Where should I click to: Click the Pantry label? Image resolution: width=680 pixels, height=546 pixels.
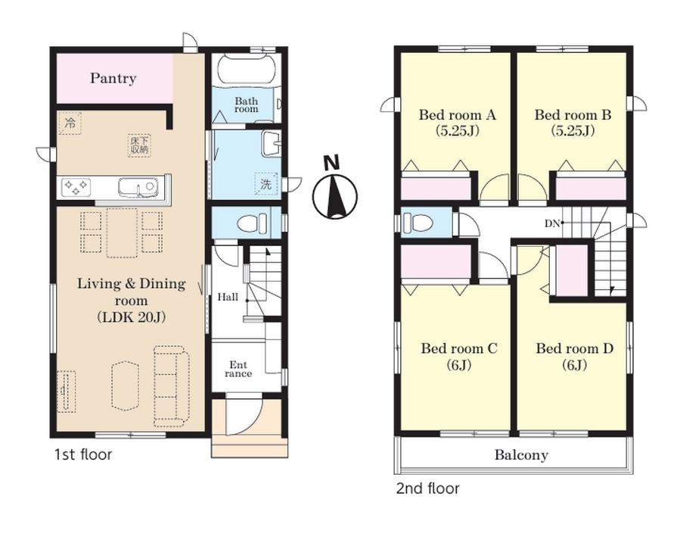[113, 78]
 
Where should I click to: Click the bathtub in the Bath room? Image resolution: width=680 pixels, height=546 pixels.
[247, 70]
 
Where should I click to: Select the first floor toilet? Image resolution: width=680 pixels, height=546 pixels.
[253, 223]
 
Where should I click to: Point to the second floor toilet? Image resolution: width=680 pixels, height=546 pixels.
[418, 223]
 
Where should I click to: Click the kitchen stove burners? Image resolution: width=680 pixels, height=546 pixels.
[76, 187]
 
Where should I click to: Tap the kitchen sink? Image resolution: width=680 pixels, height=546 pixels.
[138, 188]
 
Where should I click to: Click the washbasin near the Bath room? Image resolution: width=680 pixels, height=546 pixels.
[271, 143]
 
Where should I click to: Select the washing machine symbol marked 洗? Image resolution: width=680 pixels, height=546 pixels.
[265, 184]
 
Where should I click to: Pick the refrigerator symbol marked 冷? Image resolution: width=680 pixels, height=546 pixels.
[70, 123]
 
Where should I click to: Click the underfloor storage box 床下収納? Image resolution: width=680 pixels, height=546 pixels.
[139, 145]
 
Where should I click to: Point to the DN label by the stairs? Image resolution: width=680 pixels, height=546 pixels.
[552, 223]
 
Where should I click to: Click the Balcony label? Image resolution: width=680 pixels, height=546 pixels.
[521, 455]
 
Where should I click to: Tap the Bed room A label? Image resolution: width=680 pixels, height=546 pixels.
[457, 115]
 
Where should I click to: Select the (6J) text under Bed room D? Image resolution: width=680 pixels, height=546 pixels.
[575, 365]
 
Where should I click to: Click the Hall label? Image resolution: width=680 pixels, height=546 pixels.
[228, 298]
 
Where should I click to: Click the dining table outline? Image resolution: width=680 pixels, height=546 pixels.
[122, 232]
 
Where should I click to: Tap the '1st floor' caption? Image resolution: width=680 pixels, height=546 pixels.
[83, 454]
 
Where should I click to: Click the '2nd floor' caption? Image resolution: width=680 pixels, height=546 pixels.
[427, 488]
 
